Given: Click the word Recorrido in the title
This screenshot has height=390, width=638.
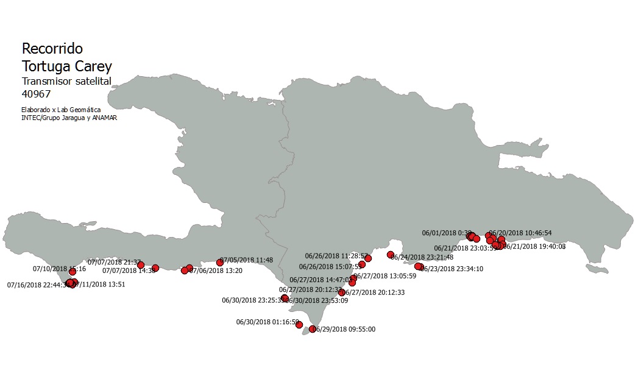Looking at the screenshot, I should point(52,49).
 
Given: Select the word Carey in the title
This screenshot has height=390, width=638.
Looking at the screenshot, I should point(94,66).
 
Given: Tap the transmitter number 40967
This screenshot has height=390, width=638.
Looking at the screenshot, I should point(36,94).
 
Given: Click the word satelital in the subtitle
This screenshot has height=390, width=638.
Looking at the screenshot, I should point(89,81).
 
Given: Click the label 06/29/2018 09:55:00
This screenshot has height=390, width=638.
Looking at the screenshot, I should point(345,329).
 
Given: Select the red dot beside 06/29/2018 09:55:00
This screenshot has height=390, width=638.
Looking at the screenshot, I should point(313,329).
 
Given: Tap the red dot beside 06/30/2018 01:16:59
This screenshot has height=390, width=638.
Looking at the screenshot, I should point(299,325).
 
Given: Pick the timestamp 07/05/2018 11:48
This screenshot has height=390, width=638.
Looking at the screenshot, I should point(247,260).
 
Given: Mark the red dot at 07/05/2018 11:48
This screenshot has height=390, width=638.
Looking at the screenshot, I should point(220,263).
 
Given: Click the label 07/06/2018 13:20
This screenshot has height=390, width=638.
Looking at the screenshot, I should point(217,271).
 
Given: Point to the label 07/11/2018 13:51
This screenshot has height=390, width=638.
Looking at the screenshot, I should point(101,285).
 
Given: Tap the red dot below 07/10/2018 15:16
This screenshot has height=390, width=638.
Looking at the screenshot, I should point(73,272).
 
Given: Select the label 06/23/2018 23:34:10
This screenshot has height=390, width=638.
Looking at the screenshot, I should point(453,268).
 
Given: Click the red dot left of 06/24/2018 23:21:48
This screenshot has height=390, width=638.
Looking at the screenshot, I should point(391,255).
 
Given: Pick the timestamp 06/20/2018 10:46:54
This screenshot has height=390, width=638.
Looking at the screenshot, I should point(521,233).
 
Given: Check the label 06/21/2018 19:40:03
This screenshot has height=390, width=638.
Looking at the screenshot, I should point(534,247).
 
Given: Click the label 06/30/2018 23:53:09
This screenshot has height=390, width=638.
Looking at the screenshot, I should point(317,300).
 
